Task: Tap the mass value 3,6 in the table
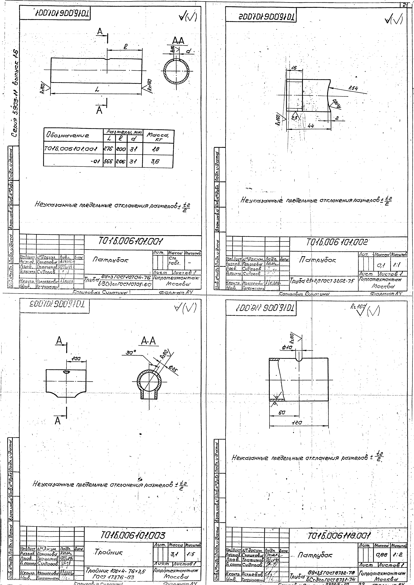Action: click(x=154, y=161)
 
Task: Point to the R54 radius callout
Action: click(x=354, y=88)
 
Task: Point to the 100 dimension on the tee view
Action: click(x=76, y=358)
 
